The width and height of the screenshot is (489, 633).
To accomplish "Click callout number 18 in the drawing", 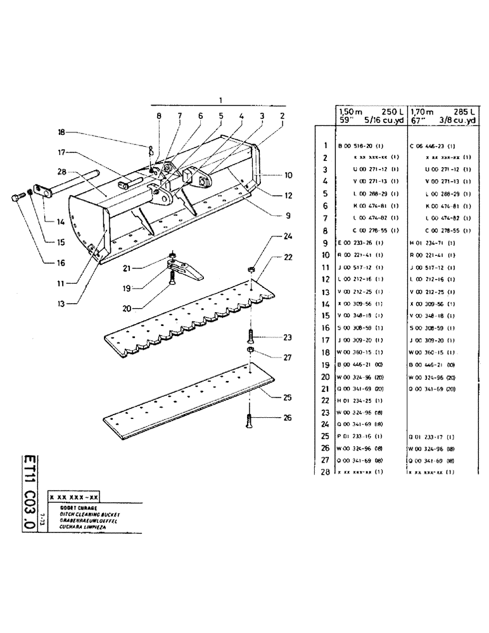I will [x=61, y=132].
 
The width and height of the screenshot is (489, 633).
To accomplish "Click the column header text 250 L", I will [x=389, y=110].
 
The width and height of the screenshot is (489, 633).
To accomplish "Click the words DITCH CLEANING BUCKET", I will [x=86, y=515].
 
